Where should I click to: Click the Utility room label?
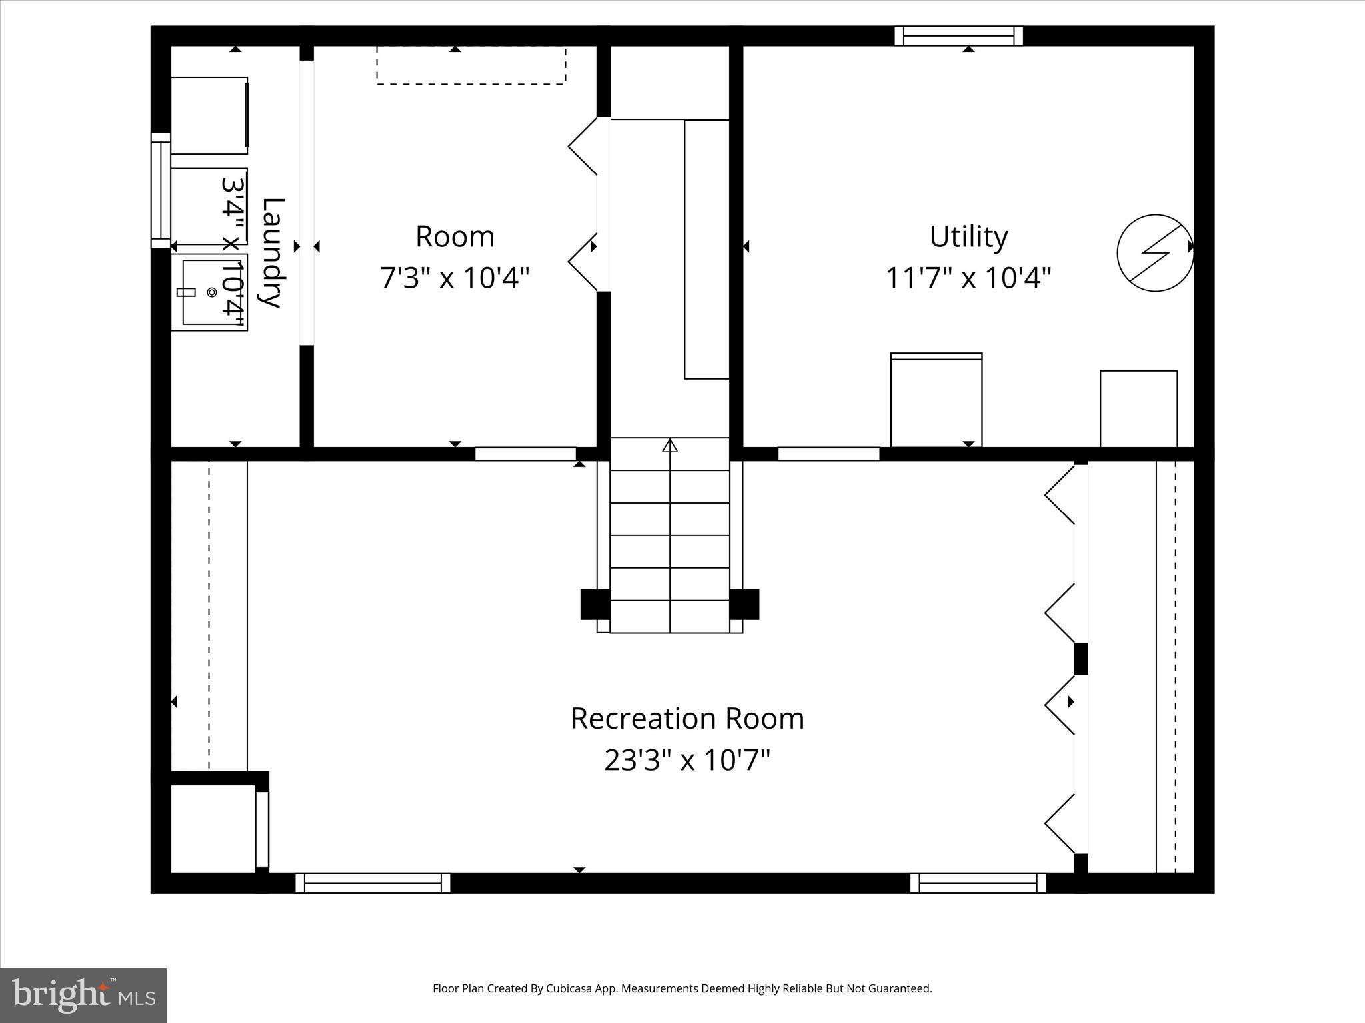tap(968, 237)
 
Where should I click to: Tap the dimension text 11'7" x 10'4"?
tap(968, 278)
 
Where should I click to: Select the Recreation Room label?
tap(687, 719)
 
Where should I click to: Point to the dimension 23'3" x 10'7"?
tap(687, 759)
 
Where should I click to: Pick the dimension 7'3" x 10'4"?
tap(455, 278)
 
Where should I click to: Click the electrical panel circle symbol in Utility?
tap(1154, 252)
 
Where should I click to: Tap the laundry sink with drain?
tap(209, 292)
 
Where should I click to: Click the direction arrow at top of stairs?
tap(670, 445)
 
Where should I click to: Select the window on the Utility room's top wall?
tap(958, 35)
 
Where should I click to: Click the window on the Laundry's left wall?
tap(161, 190)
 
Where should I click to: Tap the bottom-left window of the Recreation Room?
tap(373, 883)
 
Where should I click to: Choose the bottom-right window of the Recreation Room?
tap(978, 883)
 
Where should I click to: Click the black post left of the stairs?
tap(595, 604)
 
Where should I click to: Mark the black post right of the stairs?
tap(744, 604)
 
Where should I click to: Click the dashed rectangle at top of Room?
tap(471, 65)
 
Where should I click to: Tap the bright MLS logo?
tap(83, 995)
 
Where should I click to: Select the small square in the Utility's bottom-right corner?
tap(1138, 408)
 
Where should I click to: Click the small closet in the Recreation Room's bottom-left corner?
tap(213, 828)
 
